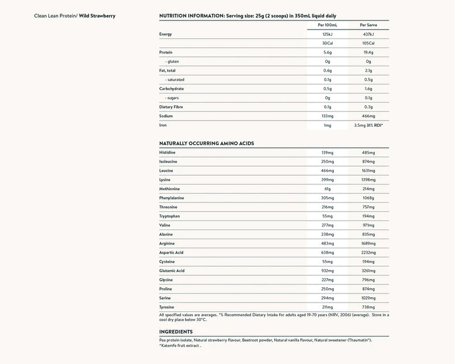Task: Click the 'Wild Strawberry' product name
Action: pos(97,15)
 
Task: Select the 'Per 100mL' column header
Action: pos(326,25)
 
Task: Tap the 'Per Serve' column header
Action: pos(369,25)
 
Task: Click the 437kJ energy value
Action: pos(369,34)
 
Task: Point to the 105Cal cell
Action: pos(369,43)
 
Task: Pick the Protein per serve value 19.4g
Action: pos(369,52)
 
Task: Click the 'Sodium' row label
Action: pos(167,115)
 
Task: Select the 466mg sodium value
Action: pos(369,115)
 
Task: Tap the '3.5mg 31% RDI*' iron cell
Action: pos(369,125)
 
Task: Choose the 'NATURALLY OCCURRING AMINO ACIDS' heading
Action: pos(206,143)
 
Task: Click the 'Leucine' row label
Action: pos(167,170)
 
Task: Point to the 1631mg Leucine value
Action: pos(369,170)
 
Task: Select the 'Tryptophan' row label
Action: pos(170,216)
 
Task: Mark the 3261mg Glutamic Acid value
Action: pos(369,270)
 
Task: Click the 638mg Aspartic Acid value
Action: pos(326,252)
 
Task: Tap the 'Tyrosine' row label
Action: pos(167,307)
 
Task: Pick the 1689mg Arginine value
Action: pos(369,243)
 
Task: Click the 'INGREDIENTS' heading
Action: pos(176,332)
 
